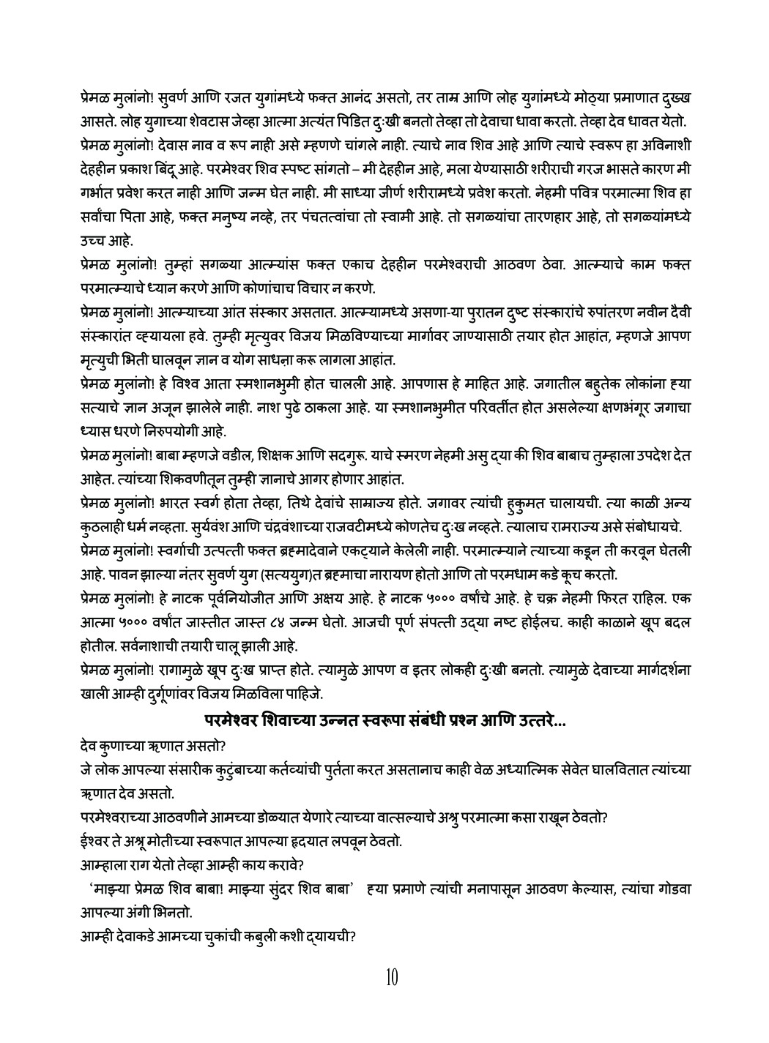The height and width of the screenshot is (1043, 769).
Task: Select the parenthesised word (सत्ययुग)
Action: [x=304, y=573]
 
